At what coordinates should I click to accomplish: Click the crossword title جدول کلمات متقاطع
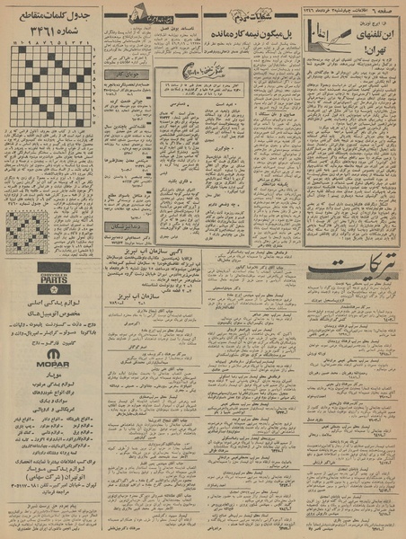click(50, 21)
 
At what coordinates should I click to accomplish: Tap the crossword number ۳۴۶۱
click(52, 35)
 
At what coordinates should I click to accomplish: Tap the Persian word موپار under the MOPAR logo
click(50, 330)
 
